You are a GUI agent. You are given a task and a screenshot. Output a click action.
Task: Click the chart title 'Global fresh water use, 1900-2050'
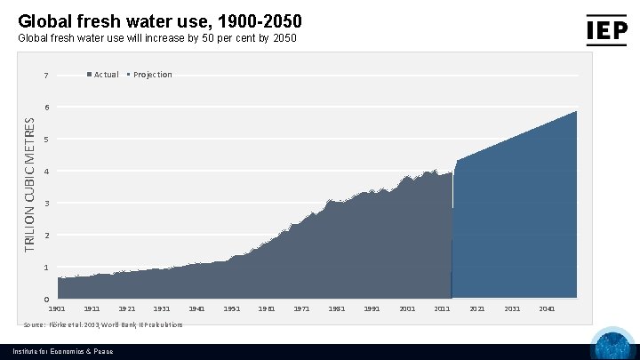165,20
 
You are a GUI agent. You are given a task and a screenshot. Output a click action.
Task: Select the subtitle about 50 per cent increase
157,39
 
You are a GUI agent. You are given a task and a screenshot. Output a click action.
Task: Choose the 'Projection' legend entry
151,75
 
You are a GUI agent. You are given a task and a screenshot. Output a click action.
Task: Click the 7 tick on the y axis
46,76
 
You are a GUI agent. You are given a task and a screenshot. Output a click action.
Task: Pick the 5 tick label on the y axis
46,140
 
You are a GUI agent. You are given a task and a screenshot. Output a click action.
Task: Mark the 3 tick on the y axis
46,204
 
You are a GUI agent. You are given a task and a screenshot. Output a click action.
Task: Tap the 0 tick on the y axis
46,300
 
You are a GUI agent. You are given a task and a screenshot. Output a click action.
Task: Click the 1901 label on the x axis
57,308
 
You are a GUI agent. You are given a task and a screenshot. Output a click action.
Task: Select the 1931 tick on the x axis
162,308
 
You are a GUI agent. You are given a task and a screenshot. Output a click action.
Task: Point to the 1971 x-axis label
301,308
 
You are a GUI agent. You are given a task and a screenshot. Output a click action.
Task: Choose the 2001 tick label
407,308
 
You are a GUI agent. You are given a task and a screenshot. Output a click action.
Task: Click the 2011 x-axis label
442,308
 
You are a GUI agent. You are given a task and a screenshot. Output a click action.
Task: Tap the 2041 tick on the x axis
547,308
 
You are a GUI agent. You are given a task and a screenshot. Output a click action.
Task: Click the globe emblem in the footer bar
612,345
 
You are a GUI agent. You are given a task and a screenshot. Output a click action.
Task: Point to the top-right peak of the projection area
576,112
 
